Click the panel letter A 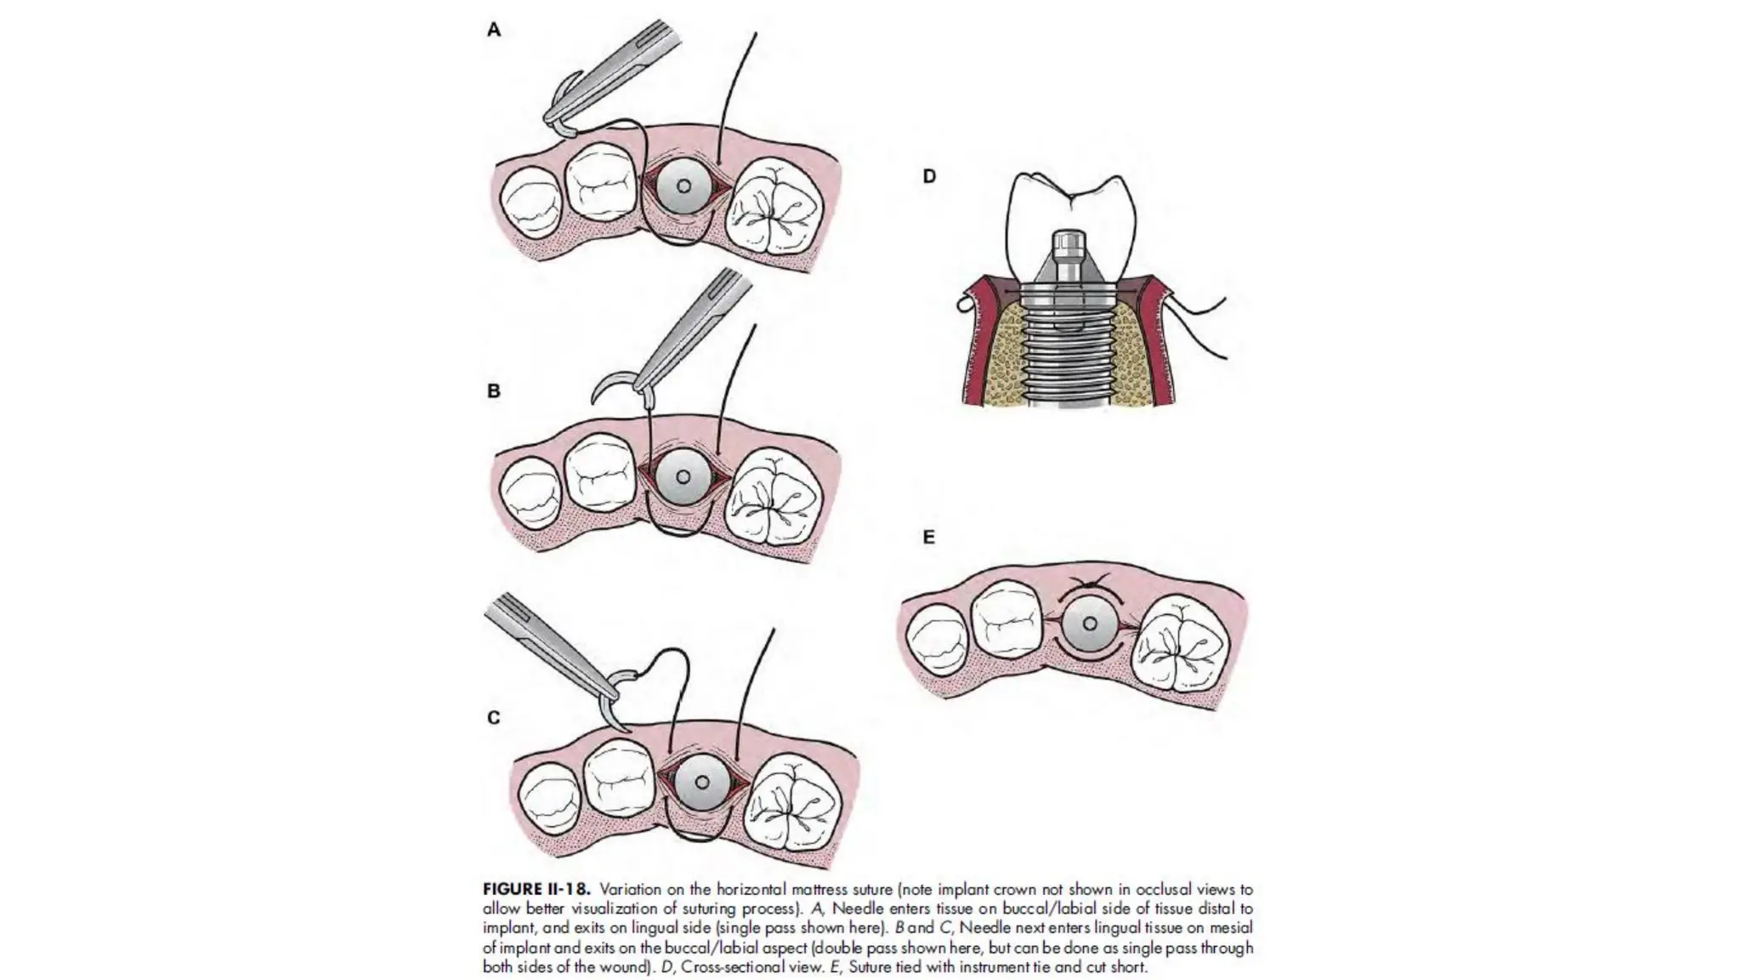tap(494, 31)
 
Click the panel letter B tap(494, 392)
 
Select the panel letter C tap(494, 718)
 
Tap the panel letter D tap(929, 176)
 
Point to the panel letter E tap(928, 538)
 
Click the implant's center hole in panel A tap(683, 186)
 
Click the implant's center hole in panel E tap(1090, 624)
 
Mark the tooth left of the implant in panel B tap(600, 474)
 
